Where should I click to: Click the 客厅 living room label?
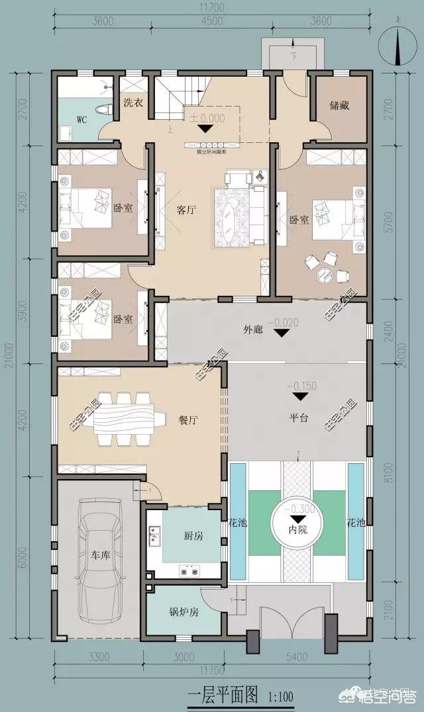point(186,210)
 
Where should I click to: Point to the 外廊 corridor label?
point(254,329)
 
